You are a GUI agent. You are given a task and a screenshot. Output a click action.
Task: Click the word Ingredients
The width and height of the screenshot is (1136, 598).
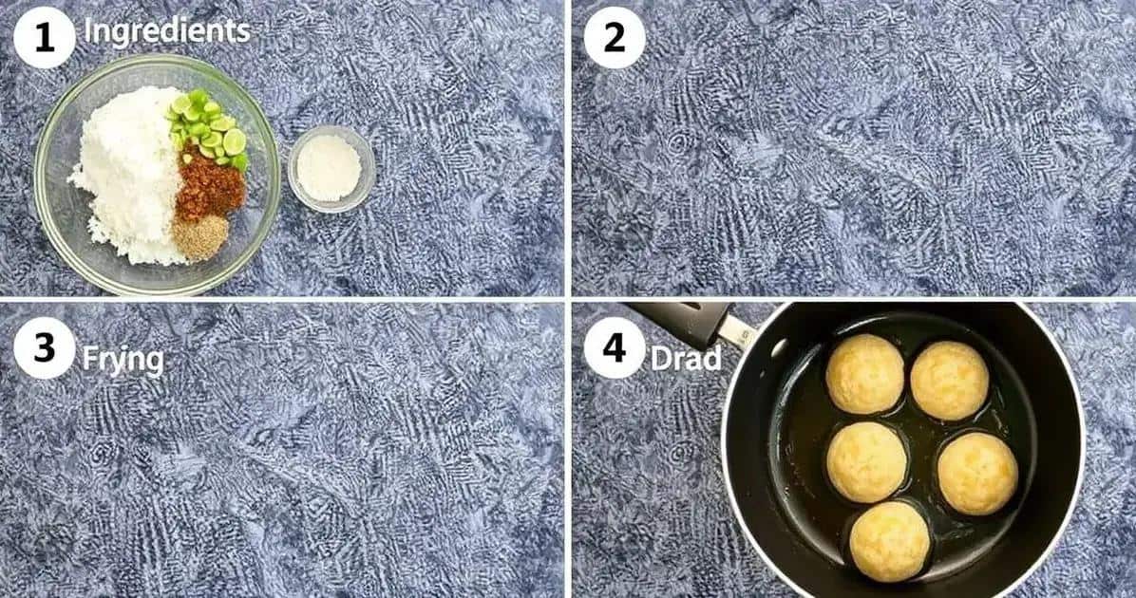[x=166, y=31]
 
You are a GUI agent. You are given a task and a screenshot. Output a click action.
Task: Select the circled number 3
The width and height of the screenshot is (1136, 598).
[x=45, y=348]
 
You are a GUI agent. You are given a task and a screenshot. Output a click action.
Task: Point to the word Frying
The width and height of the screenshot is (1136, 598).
[x=123, y=360]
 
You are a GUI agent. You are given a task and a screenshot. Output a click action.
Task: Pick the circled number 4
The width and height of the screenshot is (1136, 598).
[x=615, y=348]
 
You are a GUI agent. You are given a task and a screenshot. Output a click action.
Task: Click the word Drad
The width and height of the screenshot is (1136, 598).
[x=686, y=359]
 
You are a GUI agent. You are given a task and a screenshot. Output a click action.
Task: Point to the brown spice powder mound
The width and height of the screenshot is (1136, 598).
[x=200, y=237]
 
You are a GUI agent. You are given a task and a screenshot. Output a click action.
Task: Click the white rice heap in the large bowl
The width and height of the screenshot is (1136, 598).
[x=130, y=174]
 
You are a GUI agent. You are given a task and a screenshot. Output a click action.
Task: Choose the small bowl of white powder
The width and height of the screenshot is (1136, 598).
[x=331, y=169]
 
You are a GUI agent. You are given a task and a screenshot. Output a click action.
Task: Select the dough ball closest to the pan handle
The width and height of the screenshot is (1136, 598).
[x=865, y=374]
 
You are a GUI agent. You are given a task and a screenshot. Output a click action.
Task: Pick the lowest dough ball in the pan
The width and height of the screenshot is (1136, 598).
[x=890, y=542]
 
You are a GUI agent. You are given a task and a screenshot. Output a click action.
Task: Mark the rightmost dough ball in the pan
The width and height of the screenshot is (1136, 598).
[x=978, y=474]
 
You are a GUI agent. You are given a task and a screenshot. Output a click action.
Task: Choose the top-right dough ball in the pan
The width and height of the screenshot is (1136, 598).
[x=950, y=380]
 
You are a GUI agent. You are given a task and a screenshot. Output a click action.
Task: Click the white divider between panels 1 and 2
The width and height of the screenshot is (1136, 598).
[x=568, y=148]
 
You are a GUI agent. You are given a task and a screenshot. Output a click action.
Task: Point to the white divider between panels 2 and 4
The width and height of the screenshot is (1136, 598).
[x=854, y=299]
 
